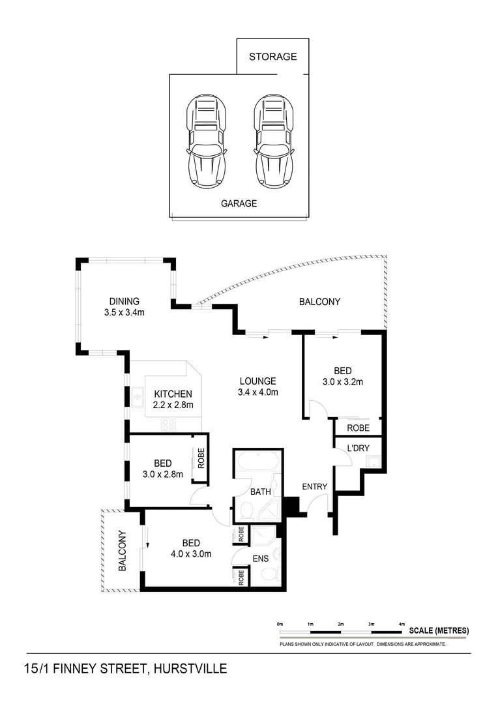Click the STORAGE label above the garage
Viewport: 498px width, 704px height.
point(272,57)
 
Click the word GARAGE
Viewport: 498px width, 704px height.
point(239,203)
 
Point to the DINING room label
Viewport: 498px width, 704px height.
point(124,301)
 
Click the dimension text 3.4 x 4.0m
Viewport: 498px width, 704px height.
point(257,392)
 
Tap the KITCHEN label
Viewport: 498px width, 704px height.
point(173,394)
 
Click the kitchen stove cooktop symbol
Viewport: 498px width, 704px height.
point(168,424)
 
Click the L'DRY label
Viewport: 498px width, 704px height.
point(358,448)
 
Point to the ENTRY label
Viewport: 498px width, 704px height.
point(315,487)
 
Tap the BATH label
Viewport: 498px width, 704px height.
point(261,492)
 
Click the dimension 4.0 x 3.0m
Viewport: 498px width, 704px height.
point(191,555)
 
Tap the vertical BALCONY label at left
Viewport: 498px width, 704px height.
point(122,550)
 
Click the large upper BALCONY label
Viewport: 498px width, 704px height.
point(319,302)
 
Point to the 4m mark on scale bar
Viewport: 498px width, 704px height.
point(402,624)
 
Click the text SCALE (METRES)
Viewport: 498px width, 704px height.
point(439,631)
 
